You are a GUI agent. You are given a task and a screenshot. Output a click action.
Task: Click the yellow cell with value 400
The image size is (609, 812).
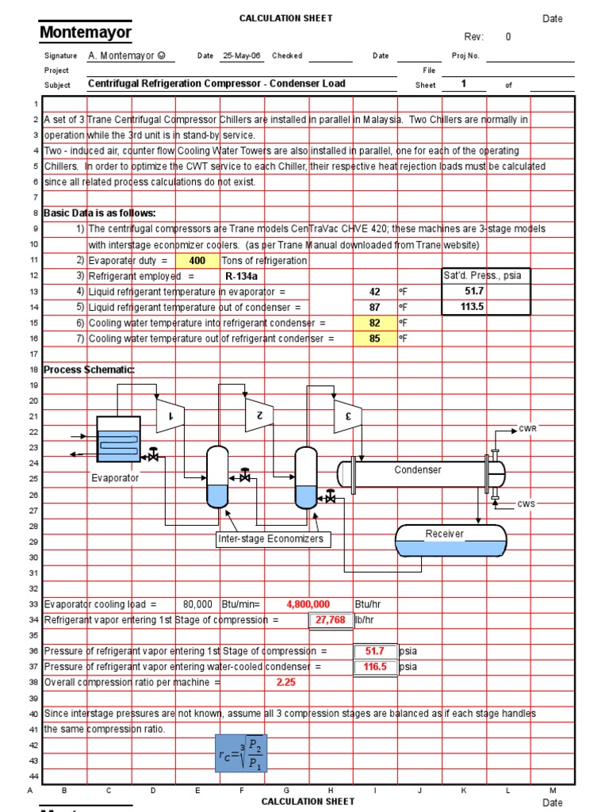coord(197,260)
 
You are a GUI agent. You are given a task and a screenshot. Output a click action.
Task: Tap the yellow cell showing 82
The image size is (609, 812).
coord(375,323)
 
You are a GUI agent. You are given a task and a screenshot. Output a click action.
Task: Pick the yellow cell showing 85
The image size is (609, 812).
coord(375,339)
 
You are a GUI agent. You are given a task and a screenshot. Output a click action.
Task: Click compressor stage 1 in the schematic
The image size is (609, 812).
coord(169,415)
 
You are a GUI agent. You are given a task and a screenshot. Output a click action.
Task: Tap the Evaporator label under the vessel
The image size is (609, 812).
coord(115,478)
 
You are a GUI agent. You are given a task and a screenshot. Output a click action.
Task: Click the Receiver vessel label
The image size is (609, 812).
coord(444,534)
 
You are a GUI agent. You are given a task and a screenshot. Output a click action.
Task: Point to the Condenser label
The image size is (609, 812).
coord(418,470)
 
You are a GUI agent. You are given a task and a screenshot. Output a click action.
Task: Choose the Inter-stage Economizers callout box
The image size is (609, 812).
coord(271,539)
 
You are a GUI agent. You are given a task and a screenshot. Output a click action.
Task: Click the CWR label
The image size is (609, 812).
coord(527,429)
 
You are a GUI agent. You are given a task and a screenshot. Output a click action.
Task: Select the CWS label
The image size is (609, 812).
coord(527,504)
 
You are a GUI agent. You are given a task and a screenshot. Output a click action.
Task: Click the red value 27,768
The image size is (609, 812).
coord(331,619)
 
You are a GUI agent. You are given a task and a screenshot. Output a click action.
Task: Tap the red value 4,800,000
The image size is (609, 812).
coord(308,604)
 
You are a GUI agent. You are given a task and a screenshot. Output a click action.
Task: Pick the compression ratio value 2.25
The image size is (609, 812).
coord(285,682)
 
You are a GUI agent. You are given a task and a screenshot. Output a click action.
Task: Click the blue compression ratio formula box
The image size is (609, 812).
coord(242,753)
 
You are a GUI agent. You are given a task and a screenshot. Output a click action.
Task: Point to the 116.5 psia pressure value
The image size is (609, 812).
coord(375,667)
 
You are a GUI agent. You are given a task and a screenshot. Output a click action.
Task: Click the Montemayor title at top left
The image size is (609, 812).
coord(86,33)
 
